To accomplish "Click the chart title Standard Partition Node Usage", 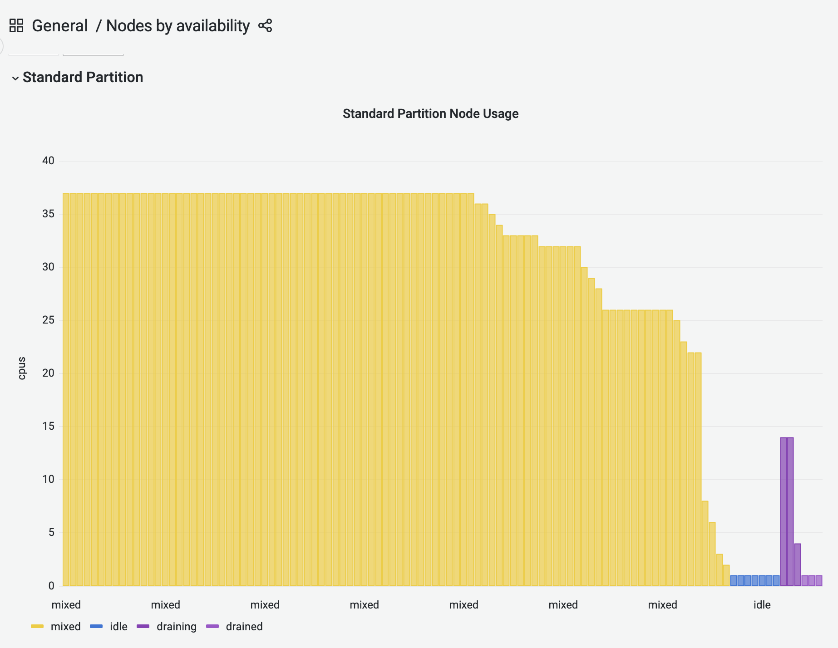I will pos(430,113).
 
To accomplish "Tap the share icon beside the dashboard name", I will pos(265,26).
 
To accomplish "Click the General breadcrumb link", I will pos(59,26).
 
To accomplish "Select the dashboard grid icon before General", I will pos(16,26).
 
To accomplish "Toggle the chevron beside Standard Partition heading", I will pos(15,78).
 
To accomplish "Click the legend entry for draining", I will pos(176,627).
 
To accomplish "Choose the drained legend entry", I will pos(244,627).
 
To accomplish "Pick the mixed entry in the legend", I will pos(65,627).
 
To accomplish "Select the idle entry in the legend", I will pos(118,627).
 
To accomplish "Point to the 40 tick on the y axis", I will pos(48,161).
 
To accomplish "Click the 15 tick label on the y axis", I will pos(48,426).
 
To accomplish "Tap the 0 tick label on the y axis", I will pos(51,586).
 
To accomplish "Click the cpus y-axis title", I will pos(22,368).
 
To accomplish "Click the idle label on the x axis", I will pos(762,605).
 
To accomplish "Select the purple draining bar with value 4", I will pos(798,565).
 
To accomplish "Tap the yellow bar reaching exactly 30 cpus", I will pos(584,427).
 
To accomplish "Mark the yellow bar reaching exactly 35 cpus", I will pos(492,399).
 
